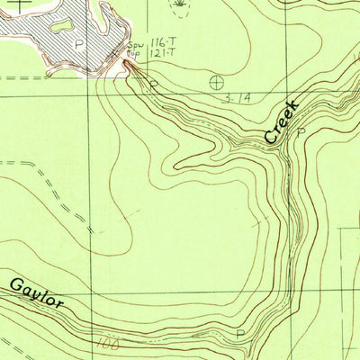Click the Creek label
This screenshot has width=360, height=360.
[282, 121]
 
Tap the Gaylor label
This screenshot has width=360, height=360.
[38, 294]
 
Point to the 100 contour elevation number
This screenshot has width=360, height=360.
[110, 343]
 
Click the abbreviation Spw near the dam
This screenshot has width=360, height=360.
[135, 44]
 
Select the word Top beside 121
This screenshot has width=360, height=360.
[134, 54]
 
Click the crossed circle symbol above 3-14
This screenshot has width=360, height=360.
[216, 83]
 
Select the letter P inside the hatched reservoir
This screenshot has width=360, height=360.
[79, 43]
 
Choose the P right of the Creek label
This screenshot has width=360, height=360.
[301, 131]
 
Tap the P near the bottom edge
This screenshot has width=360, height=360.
[239, 334]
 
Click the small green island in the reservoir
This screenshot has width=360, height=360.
[61, 26]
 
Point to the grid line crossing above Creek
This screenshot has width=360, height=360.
[286, 94]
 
